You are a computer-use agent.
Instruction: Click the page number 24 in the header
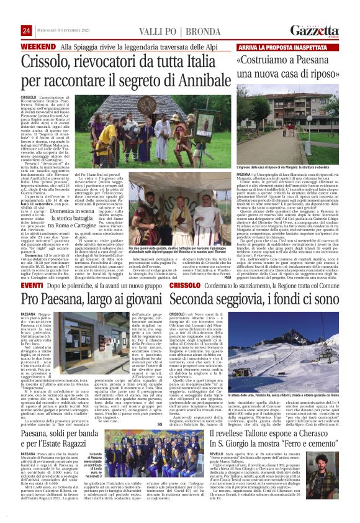point(26,31)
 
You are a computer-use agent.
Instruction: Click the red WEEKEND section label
point(38,47)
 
